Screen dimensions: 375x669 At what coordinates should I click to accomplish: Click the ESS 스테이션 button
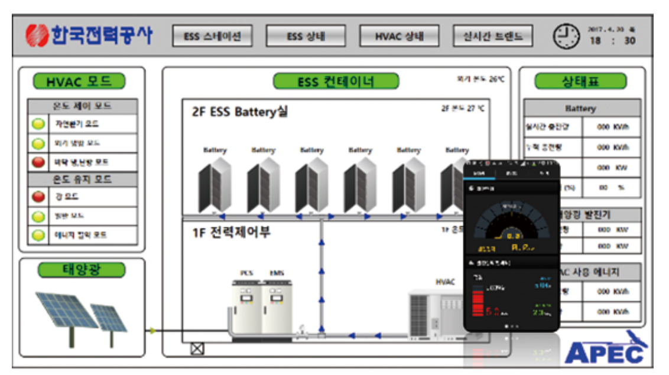212,36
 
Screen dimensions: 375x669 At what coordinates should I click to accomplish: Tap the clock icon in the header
566,36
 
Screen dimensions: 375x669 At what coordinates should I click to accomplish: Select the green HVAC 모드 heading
79,81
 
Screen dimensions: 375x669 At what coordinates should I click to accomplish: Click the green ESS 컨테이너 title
335,81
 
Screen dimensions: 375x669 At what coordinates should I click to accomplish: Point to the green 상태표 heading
580,81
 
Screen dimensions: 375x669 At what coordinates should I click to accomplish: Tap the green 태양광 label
82,270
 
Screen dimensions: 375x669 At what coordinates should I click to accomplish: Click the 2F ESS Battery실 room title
240,112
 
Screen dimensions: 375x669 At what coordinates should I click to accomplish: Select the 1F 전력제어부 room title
231,232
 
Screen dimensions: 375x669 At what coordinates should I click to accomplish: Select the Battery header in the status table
580,109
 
